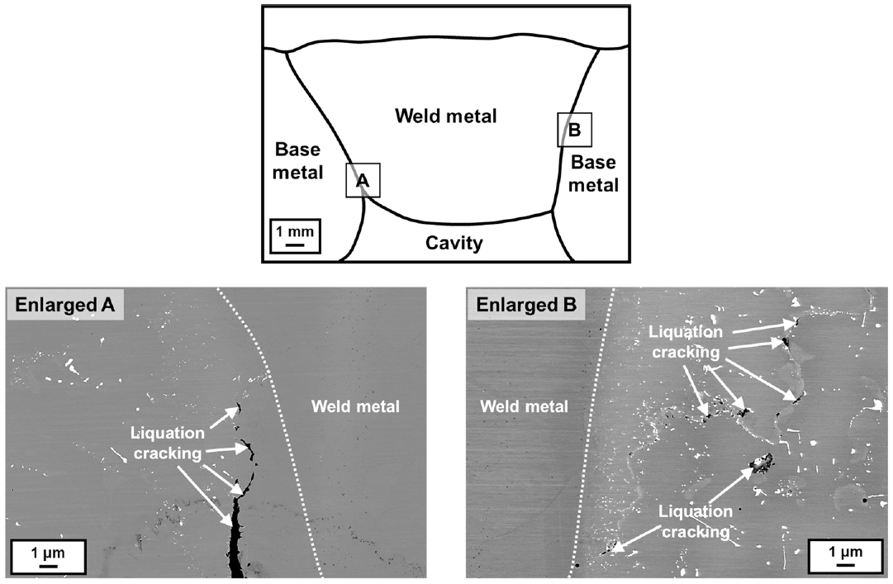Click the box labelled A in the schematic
(x=363, y=179)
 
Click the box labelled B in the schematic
(x=574, y=129)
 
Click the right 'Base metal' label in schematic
(x=594, y=173)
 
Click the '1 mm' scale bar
(x=294, y=235)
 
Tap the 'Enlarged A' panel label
(x=63, y=306)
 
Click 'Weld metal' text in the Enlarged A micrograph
(x=356, y=406)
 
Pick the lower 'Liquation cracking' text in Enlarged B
(x=696, y=522)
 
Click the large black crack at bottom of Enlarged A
(x=235, y=545)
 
